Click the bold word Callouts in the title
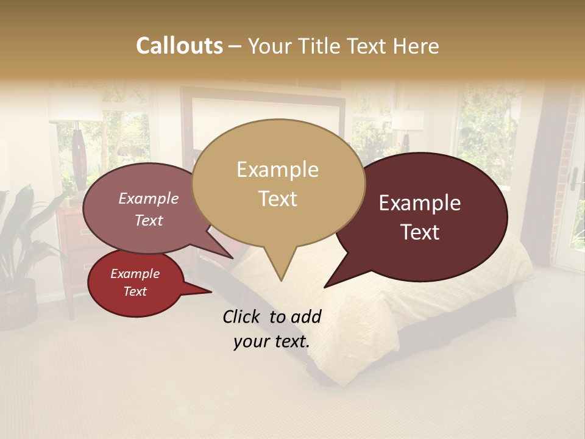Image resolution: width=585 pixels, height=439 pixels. click(x=179, y=46)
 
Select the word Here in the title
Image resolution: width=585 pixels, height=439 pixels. click(x=416, y=46)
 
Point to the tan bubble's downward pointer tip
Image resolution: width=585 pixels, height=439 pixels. click(x=281, y=280)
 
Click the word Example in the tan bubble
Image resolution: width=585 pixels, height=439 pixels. click(x=277, y=170)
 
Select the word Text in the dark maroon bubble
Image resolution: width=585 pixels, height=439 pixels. click(x=420, y=232)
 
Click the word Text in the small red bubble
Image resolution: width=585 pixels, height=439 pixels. click(x=135, y=291)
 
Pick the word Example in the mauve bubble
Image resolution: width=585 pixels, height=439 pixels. click(x=148, y=198)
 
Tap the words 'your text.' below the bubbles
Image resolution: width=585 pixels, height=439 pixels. click(x=272, y=341)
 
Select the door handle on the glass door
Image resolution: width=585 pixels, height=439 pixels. click(x=573, y=178)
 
